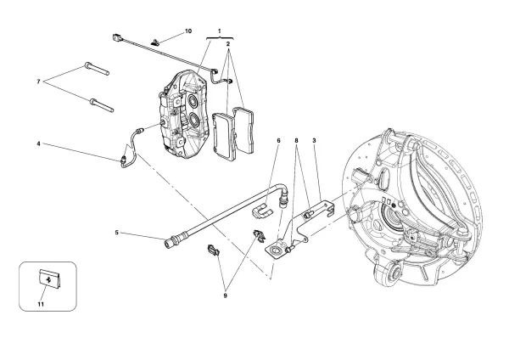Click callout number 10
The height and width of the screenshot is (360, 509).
point(187,31)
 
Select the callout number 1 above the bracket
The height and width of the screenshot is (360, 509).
point(220,31)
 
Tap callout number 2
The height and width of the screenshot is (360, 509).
point(228,41)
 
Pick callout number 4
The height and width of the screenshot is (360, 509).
point(39,143)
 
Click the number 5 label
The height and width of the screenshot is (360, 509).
point(117,232)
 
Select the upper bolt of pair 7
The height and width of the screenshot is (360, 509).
point(98,69)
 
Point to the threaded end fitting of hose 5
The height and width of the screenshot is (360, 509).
point(171,245)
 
